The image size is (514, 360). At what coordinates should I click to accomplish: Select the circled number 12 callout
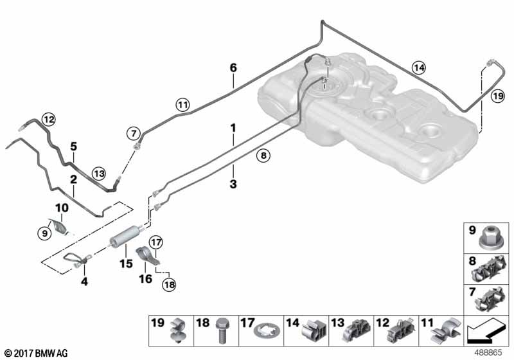tap(49, 118)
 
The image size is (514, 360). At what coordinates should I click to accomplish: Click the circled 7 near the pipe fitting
tap(133, 134)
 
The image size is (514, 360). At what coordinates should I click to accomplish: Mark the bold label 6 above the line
tap(233, 67)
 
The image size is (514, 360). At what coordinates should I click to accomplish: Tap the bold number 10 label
tap(62, 208)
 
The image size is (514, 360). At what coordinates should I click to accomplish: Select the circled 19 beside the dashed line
tap(498, 96)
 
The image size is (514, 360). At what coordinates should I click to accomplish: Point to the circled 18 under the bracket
tap(170, 283)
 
